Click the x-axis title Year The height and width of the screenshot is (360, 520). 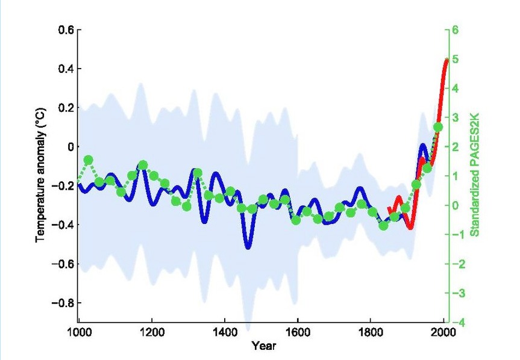tap(260, 346)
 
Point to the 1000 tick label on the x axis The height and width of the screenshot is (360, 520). tap(78, 333)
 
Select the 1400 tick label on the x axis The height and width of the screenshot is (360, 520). tap(224, 333)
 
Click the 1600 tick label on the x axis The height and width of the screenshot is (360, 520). tap(297, 333)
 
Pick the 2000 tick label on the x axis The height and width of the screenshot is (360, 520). tap(443, 333)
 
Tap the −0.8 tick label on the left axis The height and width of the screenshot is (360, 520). tap(61, 302)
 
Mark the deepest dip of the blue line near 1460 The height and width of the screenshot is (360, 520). tap(248, 245)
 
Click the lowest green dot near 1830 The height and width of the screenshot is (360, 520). tap(383, 226)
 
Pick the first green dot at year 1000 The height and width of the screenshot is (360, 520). tap(78, 181)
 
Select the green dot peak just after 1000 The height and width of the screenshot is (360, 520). tap(89, 160)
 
